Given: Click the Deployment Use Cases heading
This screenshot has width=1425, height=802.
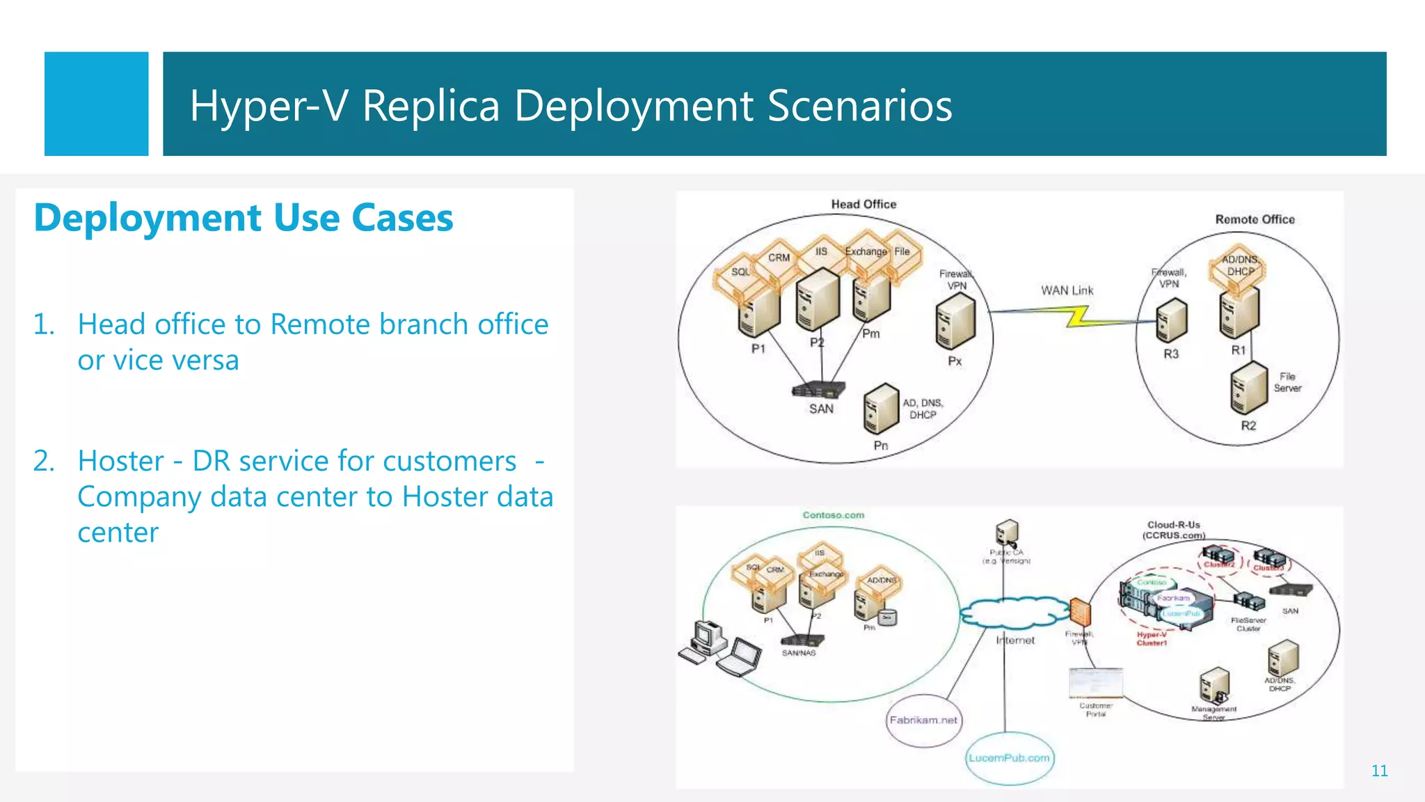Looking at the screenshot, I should pyautogui.click(x=244, y=218).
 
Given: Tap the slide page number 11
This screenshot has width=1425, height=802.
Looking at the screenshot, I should pyautogui.click(x=1379, y=771).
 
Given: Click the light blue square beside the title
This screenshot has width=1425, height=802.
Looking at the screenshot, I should pyautogui.click(x=96, y=104).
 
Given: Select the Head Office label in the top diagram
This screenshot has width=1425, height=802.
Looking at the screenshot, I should pyautogui.click(x=863, y=204).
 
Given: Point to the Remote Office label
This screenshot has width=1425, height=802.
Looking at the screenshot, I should pyautogui.click(x=1255, y=219).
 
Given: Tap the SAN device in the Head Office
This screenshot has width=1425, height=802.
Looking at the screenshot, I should pyautogui.click(x=819, y=389).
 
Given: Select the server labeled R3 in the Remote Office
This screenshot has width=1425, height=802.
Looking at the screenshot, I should pyautogui.click(x=1171, y=320).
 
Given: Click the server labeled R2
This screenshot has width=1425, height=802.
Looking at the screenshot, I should pyautogui.click(x=1248, y=388).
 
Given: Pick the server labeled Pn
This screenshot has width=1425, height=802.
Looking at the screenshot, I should pyautogui.click(x=881, y=409).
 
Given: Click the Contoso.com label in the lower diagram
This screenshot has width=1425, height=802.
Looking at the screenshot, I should pyautogui.click(x=833, y=515).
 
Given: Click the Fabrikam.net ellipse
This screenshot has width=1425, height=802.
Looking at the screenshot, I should pyautogui.click(x=923, y=721).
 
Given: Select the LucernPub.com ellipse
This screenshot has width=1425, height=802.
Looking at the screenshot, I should pyautogui.click(x=1009, y=758).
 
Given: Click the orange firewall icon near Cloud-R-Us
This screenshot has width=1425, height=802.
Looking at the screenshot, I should pyautogui.click(x=1079, y=613).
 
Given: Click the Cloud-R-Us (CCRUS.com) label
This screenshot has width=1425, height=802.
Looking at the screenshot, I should pyautogui.click(x=1174, y=530).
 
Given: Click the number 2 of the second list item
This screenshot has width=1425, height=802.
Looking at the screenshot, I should pyautogui.click(x=44, y=461).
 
